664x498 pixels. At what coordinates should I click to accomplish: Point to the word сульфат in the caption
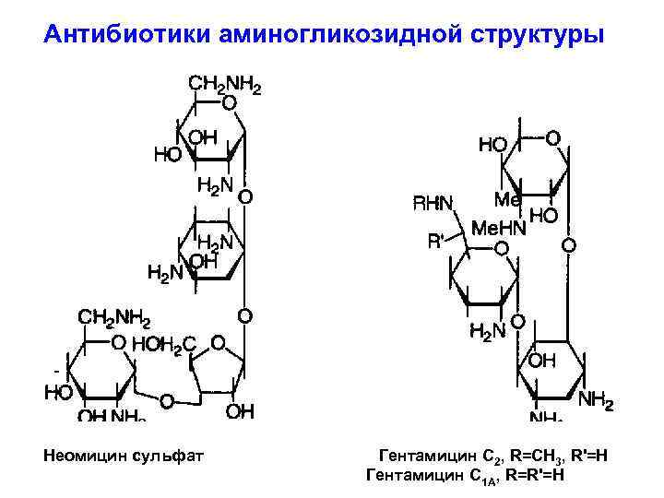[172, 456]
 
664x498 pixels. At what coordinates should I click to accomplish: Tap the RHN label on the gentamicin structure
[433, 203]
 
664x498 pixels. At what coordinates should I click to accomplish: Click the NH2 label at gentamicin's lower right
[596, 399]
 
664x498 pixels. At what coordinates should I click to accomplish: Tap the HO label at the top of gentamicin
[492, 145]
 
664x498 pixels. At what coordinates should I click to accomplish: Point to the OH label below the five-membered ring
[240, 410]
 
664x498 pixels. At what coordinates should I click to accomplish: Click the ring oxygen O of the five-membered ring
[218, 342]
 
